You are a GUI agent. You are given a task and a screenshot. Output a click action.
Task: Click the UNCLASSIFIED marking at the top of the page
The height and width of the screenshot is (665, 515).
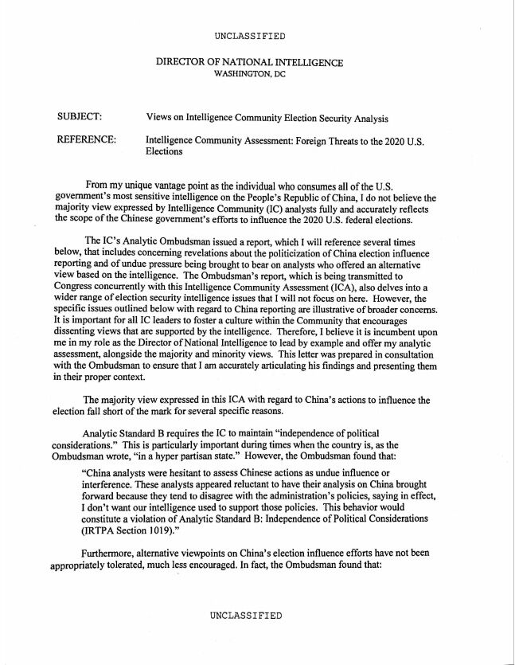[x=250, y=37]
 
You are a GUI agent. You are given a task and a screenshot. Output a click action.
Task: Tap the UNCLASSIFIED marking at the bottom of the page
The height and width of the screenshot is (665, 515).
[x=246, y=616]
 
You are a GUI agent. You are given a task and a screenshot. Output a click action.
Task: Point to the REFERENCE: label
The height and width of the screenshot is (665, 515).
[x=87, y=140]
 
